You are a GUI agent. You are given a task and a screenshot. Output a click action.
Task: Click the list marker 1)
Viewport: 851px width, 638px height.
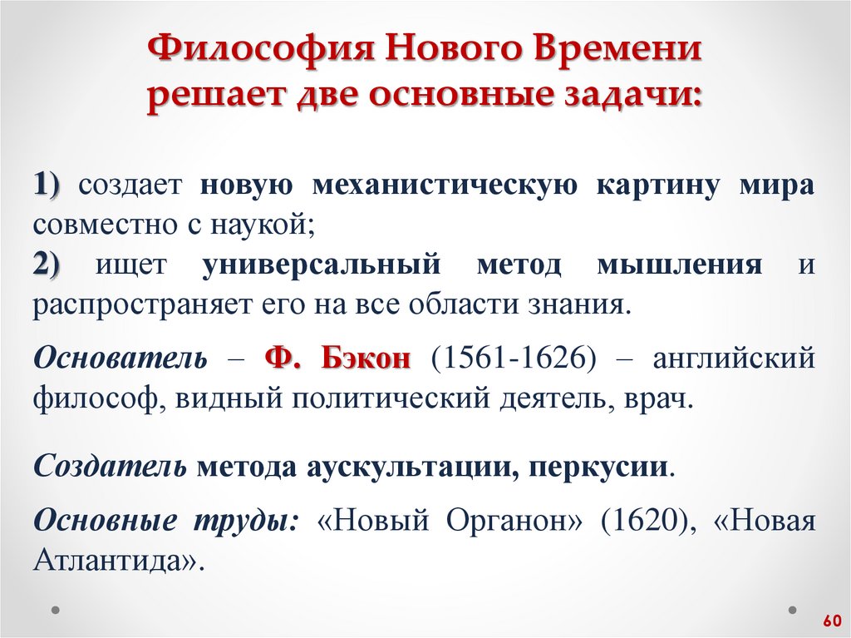(x=53, y=185)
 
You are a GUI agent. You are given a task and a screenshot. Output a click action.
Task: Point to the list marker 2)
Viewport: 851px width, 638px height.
(x=53, y=265)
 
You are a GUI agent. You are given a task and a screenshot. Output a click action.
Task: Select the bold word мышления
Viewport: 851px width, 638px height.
(x=679, y=265)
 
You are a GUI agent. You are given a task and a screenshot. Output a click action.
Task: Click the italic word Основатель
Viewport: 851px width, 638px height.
(x=120, y=359)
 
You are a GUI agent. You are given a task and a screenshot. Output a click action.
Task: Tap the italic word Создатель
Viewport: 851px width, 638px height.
(x=110, y=466)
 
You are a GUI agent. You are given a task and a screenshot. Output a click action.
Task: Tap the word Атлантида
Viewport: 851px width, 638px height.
(x=116, y=561)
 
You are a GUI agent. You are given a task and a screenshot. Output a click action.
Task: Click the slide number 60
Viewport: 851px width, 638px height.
(x=831, y=621)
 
